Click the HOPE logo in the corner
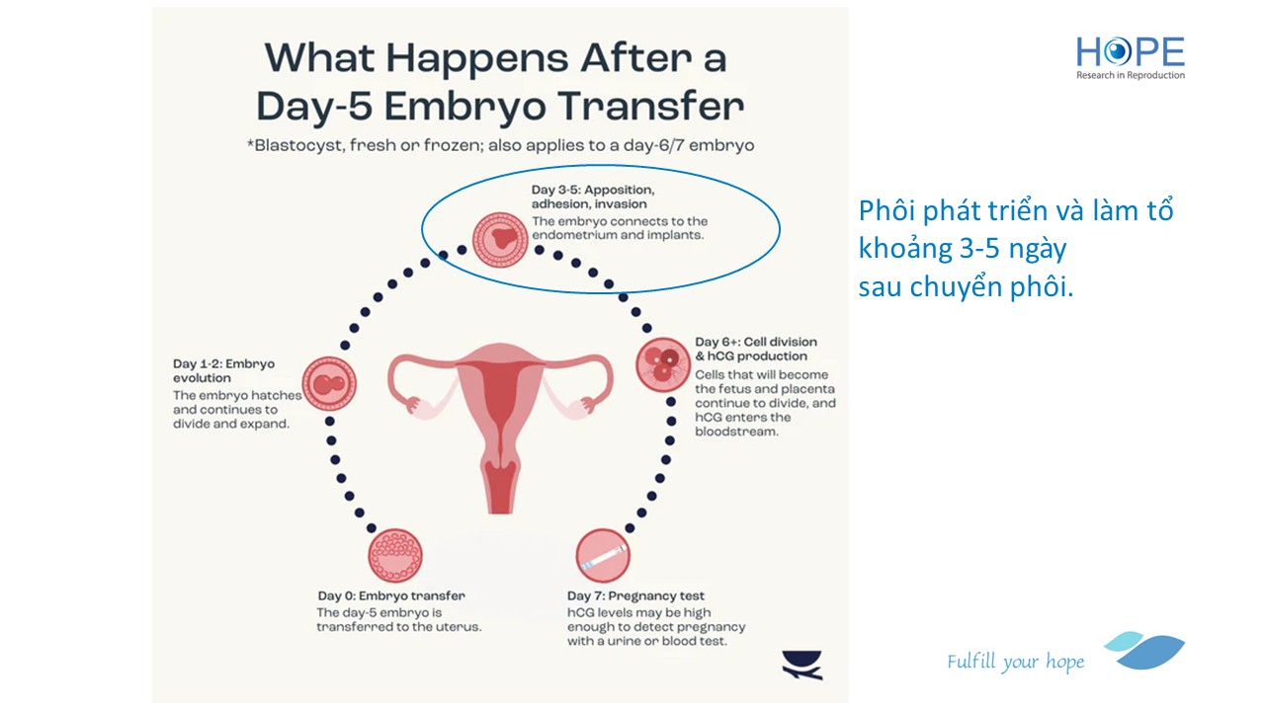click(1130, 57)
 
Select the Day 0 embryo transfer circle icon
click(395, 555)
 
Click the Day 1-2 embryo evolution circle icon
click(329, 384)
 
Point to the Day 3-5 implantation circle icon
click(500, 240)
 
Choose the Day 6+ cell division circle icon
click(663, 364)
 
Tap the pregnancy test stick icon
click(603, 556)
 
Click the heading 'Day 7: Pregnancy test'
click(635, 595)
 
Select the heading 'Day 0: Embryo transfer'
click(391, 595)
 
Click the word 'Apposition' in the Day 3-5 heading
click(620, 191)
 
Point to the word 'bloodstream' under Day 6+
click(736, 432)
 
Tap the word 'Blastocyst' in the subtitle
click(298, 145)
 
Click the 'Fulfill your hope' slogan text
click(1015, 662)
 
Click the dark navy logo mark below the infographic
click(801, 665)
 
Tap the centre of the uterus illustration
click(500, 406)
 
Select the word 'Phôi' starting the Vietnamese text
click(886, 211)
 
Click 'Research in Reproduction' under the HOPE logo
click(1130, 75)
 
